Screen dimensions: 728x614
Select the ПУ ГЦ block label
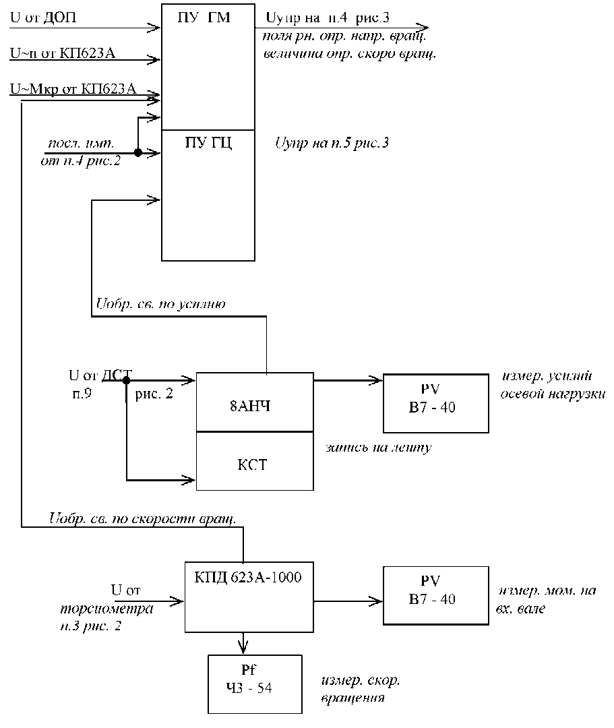click(x=208, y=143)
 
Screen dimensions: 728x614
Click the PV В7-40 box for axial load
click(x=435, y=403)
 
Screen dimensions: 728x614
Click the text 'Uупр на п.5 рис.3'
click(x=332, y=143)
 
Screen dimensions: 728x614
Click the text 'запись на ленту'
click(x=377, y=447)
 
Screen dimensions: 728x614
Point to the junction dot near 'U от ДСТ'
click(x=126, y=380)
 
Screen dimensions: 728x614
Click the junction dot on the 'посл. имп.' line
click(x=137, y=153)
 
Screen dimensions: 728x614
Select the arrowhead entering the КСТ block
click(x=190, y=480)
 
